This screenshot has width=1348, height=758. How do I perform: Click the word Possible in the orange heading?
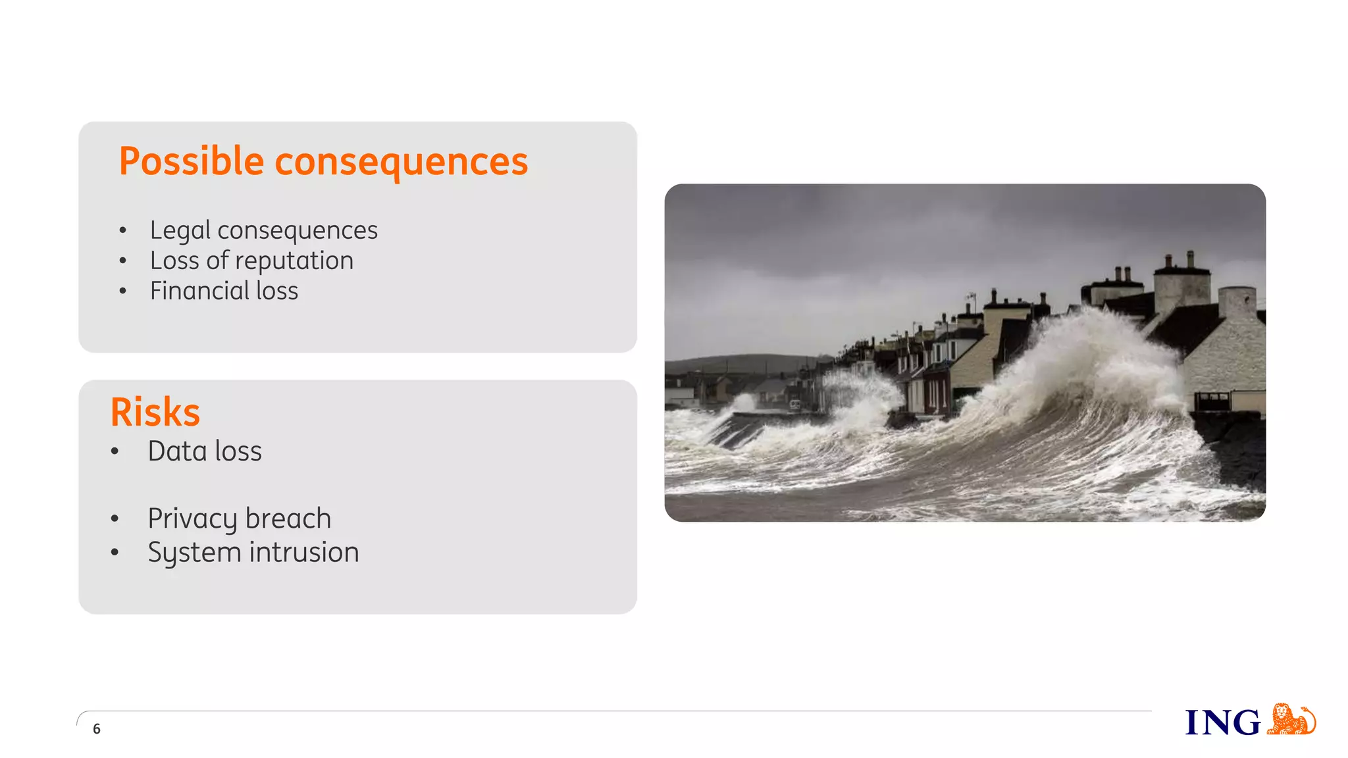191,161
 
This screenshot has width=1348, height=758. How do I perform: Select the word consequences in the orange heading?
401,161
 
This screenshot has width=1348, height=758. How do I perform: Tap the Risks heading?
155,413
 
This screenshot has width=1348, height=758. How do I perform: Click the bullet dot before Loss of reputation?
122,261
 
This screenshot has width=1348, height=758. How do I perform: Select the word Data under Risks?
177,451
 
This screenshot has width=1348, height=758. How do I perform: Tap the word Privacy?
192,519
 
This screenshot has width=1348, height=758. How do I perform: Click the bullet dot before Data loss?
115,451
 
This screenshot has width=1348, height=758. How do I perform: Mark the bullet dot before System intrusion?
115,553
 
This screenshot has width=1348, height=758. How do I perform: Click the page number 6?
97,728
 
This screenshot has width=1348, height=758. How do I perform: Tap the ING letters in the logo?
1222,722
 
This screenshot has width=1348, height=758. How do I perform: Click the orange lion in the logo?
1291,719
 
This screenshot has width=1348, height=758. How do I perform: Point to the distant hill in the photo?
744,363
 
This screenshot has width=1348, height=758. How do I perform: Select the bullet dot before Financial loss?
122,291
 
